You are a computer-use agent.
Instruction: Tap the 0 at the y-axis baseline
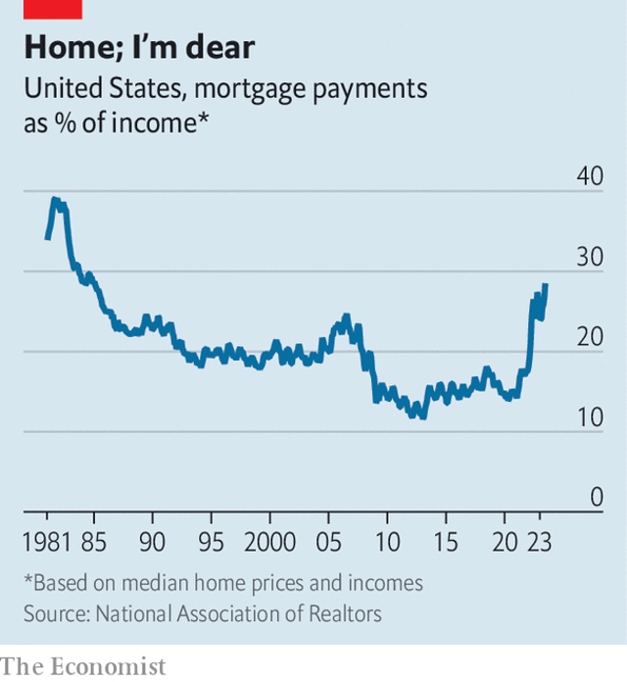[x=594, y=497]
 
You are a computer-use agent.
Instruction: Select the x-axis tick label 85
[x=94, y=542]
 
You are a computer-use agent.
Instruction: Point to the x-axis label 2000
[x=269, y=542]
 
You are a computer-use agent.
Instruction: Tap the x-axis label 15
[x=446, y=542]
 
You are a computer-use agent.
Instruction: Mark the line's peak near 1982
[x=55, y=200]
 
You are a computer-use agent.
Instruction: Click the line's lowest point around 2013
[x=422, y=416]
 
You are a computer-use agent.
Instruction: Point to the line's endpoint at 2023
[x=545, y=285]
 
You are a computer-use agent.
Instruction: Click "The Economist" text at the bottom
[x=83, y=666]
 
